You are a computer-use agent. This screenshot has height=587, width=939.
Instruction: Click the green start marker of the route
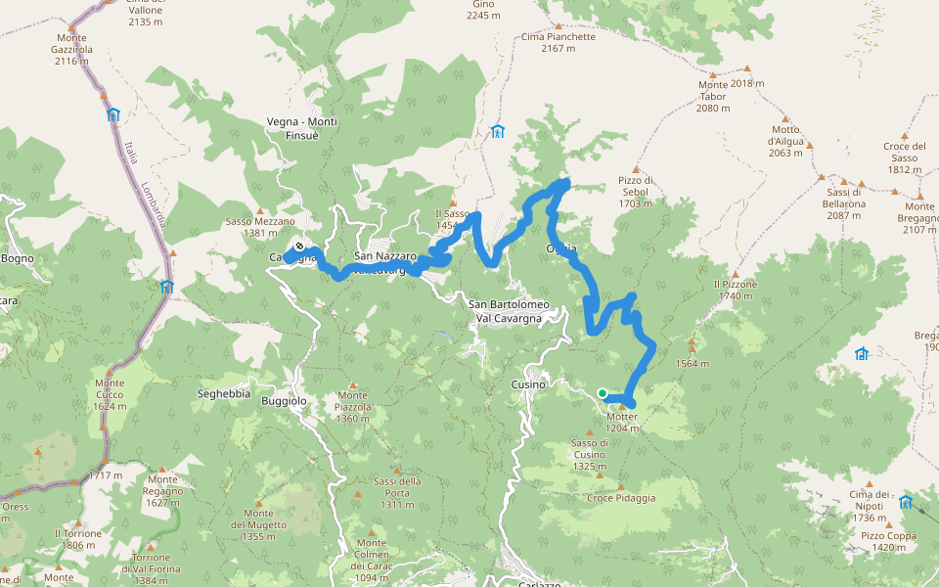603,393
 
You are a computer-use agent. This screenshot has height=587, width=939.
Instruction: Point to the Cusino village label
528,384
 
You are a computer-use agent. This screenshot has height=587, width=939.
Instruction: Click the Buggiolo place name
284,401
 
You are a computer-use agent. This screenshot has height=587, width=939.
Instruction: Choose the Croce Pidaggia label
621,497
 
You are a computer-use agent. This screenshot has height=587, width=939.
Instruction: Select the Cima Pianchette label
558,37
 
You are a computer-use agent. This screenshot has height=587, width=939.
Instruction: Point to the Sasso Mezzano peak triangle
261,210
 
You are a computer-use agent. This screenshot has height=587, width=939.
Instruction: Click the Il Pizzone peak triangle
735,271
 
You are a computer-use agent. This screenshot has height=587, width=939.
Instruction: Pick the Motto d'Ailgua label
785,141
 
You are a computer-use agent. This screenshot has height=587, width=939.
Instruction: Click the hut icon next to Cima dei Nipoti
905,503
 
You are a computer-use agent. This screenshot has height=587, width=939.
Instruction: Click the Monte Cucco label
110,394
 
